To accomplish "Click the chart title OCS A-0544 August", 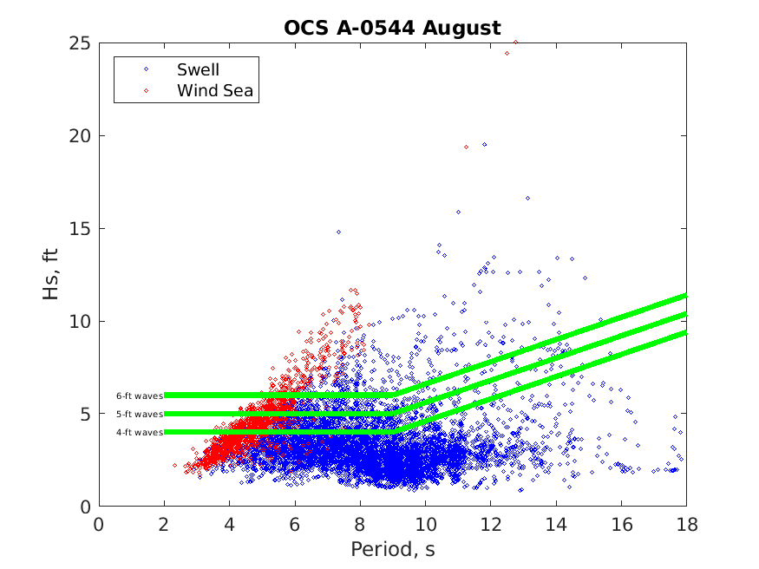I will [392, 28].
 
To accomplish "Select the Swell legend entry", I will [198, 69].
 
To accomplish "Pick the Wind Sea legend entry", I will [214, 89].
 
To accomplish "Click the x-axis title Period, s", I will [392, 549].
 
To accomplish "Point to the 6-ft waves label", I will [140, 396].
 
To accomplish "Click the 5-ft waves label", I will [140, 414].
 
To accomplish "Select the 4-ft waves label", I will [140, 432].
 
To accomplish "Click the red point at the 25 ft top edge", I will [515, 42].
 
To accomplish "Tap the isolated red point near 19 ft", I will [466, 147].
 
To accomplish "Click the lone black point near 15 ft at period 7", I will [338, 232].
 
